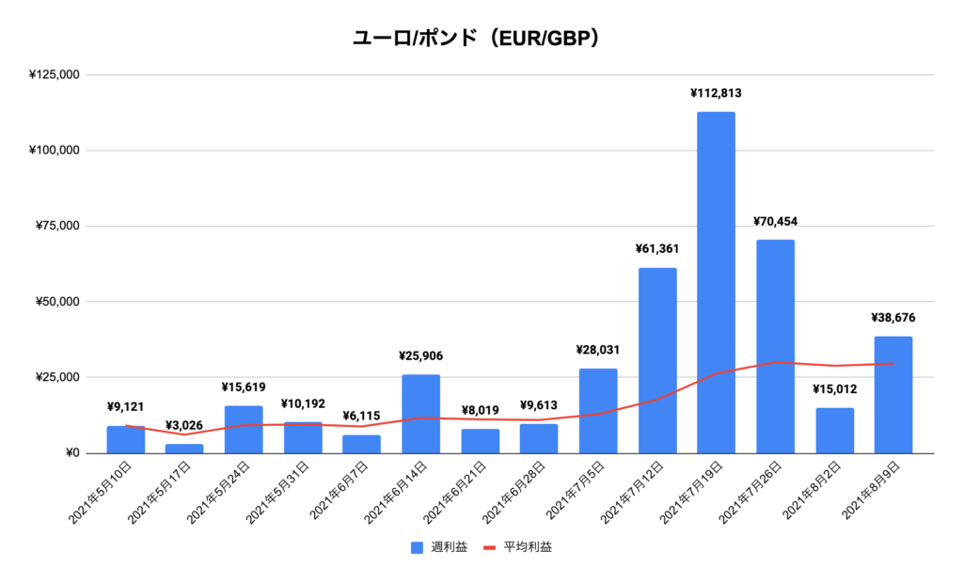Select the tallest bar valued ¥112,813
click(x=716, y=282)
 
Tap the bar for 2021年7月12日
click(x=657, y=360)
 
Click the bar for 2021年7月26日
click(x=775, y=346)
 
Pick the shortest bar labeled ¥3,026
click(x=184, y=449)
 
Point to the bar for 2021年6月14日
click(x=420, y=414)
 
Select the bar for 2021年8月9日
click(x=892, y=395)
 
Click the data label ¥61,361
click(x=657, y=249)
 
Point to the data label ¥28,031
click(x=598, y=350)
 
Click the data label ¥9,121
click(x=125, y=407)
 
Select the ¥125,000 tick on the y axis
click(x=55, y=74)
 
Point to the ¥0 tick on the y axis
click(x=70, y=453)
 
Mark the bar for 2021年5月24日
click(x=244, y=430)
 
